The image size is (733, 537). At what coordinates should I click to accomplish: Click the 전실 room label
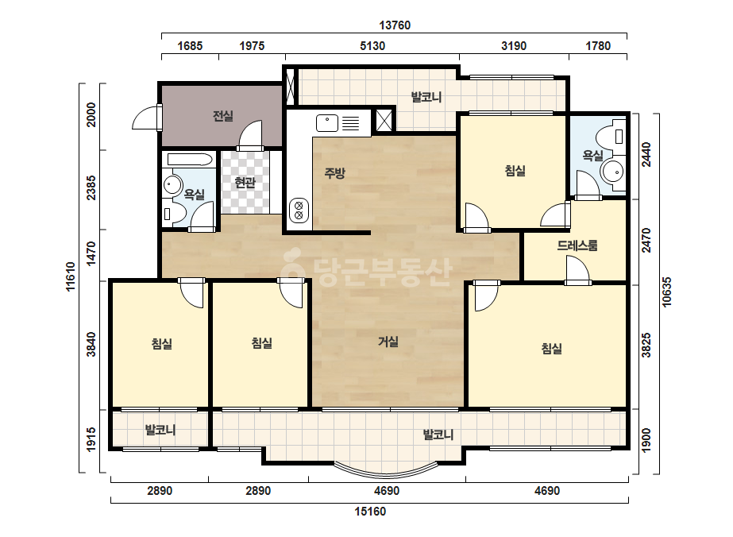pos(223,115)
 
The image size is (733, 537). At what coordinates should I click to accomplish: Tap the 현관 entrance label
pos(245,182)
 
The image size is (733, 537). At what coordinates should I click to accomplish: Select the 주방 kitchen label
pos(334,173)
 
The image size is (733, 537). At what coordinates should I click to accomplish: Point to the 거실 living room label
pos(388,342)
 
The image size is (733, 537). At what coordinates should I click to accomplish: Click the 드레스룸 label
pos(577,245)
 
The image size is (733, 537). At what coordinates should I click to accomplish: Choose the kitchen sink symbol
pos(327,123)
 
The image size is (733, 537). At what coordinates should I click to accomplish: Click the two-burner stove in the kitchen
pos(299,210)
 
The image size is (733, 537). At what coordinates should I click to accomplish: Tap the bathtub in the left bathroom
pos(189,160)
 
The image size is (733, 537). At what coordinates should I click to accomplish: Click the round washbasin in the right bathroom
pos(613,172)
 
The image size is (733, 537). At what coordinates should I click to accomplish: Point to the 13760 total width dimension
pos(395,25)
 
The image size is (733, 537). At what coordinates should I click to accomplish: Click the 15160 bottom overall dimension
pos(370,512)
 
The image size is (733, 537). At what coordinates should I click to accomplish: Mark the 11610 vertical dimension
pos(71,276)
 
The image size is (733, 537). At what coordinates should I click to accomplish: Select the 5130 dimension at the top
pos(372,46)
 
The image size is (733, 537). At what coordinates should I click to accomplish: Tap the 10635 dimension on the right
pos(667,292)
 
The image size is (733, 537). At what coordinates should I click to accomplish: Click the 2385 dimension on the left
pos(91,188)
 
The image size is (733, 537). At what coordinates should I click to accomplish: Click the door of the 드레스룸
pos(577,270)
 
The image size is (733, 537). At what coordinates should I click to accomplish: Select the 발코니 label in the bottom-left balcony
pos(160,430)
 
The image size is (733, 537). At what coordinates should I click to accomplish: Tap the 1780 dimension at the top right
pos(598,46)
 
